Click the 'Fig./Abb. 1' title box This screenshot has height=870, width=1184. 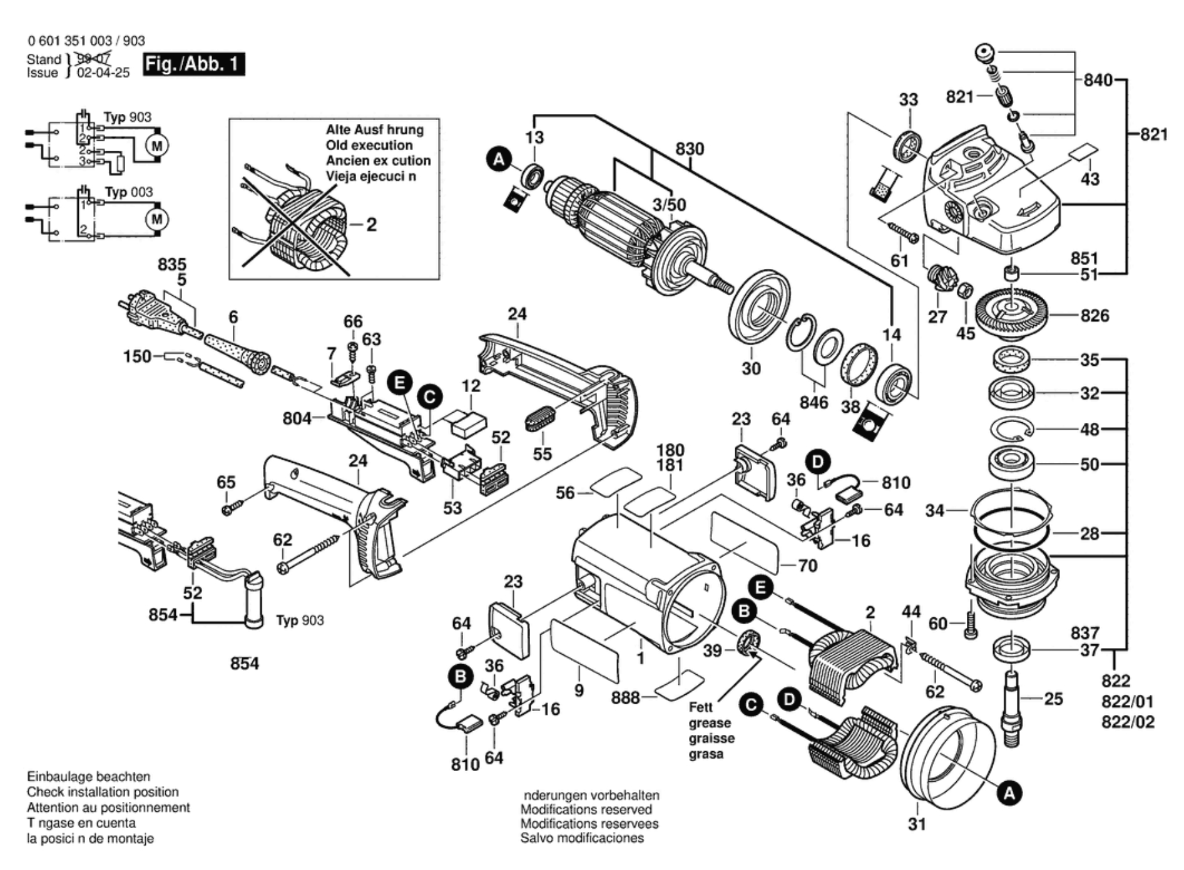pos(193,64)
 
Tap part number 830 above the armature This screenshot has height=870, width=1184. pos(690,149)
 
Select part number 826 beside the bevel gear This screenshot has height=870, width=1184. pos(1094,315)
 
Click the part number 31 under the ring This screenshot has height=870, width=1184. pos(916,824)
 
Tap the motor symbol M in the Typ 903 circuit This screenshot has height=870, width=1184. pos(156,146)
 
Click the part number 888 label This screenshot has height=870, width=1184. pos(625,697)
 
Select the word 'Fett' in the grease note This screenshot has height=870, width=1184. pos(701,707)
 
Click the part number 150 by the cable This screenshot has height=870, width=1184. pos(136,357)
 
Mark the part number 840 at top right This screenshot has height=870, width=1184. pos(1098,80)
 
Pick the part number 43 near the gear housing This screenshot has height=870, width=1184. pos(1090,180)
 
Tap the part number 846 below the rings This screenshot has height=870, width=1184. pos(813,402)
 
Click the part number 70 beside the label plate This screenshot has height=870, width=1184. pos(807,565)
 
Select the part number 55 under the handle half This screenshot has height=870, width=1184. pos(542,453)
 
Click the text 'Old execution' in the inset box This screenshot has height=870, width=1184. pos(369,145)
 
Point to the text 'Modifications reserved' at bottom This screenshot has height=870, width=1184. pos(586,809)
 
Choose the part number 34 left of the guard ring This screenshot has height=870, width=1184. pos(934,511)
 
